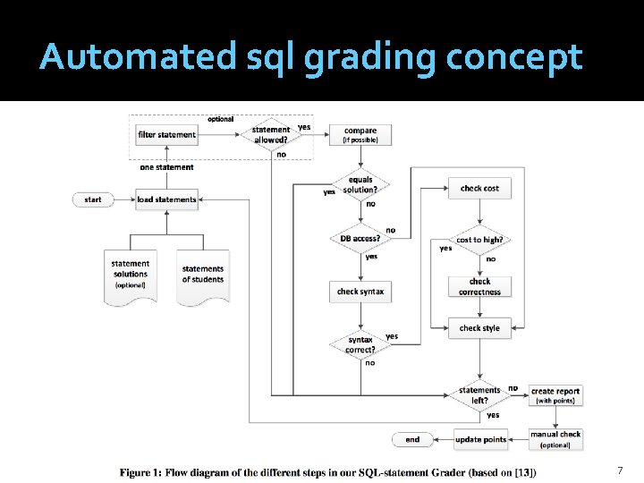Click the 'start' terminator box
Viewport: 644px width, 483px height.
(x=93, y=199)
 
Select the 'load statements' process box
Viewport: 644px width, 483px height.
(x=166, y=199)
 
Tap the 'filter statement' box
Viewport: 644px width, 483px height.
(x=166, y=135)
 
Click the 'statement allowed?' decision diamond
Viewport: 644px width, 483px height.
(x=271, y=135)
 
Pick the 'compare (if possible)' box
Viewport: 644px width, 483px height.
(x=360, y=135)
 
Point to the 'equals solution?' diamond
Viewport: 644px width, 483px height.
(x=360, y=185)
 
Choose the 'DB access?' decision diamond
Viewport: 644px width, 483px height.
(x=360, y=239)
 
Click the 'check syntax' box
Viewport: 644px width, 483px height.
(x=360, y=292)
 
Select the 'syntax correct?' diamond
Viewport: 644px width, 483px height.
(x=360, y=343)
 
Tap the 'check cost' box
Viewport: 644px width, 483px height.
(x=479, y=189)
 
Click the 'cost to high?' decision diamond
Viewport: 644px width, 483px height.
(x=479, y=240)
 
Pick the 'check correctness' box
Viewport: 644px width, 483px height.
(x=479, y=286)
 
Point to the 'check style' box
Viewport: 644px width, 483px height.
(x=479, y=328)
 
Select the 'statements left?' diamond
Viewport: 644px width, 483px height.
(x=479, y=394)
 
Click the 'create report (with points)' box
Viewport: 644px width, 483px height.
(x=555, y=395)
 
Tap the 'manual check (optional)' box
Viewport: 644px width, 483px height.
(x=555, y=438)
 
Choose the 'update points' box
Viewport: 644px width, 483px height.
(x=480, y=439)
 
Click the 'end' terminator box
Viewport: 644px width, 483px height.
(x=412, y=439)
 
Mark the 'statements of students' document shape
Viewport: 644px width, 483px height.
(x=203, y=275)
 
